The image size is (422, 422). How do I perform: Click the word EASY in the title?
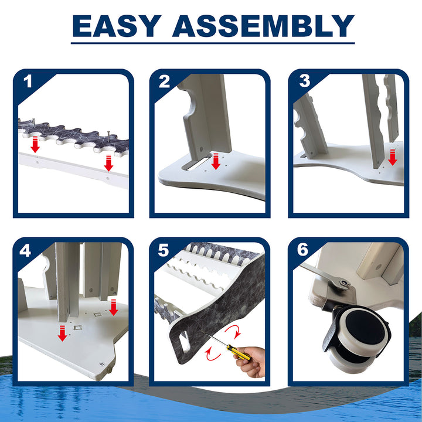click(x=117, y=26)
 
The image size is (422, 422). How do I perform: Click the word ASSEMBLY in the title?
click(x=263, y=26)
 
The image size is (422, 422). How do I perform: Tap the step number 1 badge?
click(x=28, y=81)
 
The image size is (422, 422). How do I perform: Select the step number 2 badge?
click(x=165, y=81)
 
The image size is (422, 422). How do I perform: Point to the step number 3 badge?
click(x=304, y=81)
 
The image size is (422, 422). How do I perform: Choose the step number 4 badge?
click(x=25, y=251)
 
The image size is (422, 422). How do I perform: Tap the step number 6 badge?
click(x=302, y=250)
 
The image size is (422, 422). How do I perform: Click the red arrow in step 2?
click(x=216, y=161)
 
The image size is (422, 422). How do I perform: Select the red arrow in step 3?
click(x=393, y=157)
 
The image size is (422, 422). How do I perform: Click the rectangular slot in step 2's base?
click(x=196, y=164)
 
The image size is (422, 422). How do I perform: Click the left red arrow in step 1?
click(x=35, y=145)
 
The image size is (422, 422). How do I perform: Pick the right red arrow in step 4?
click(x=114, y=307)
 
